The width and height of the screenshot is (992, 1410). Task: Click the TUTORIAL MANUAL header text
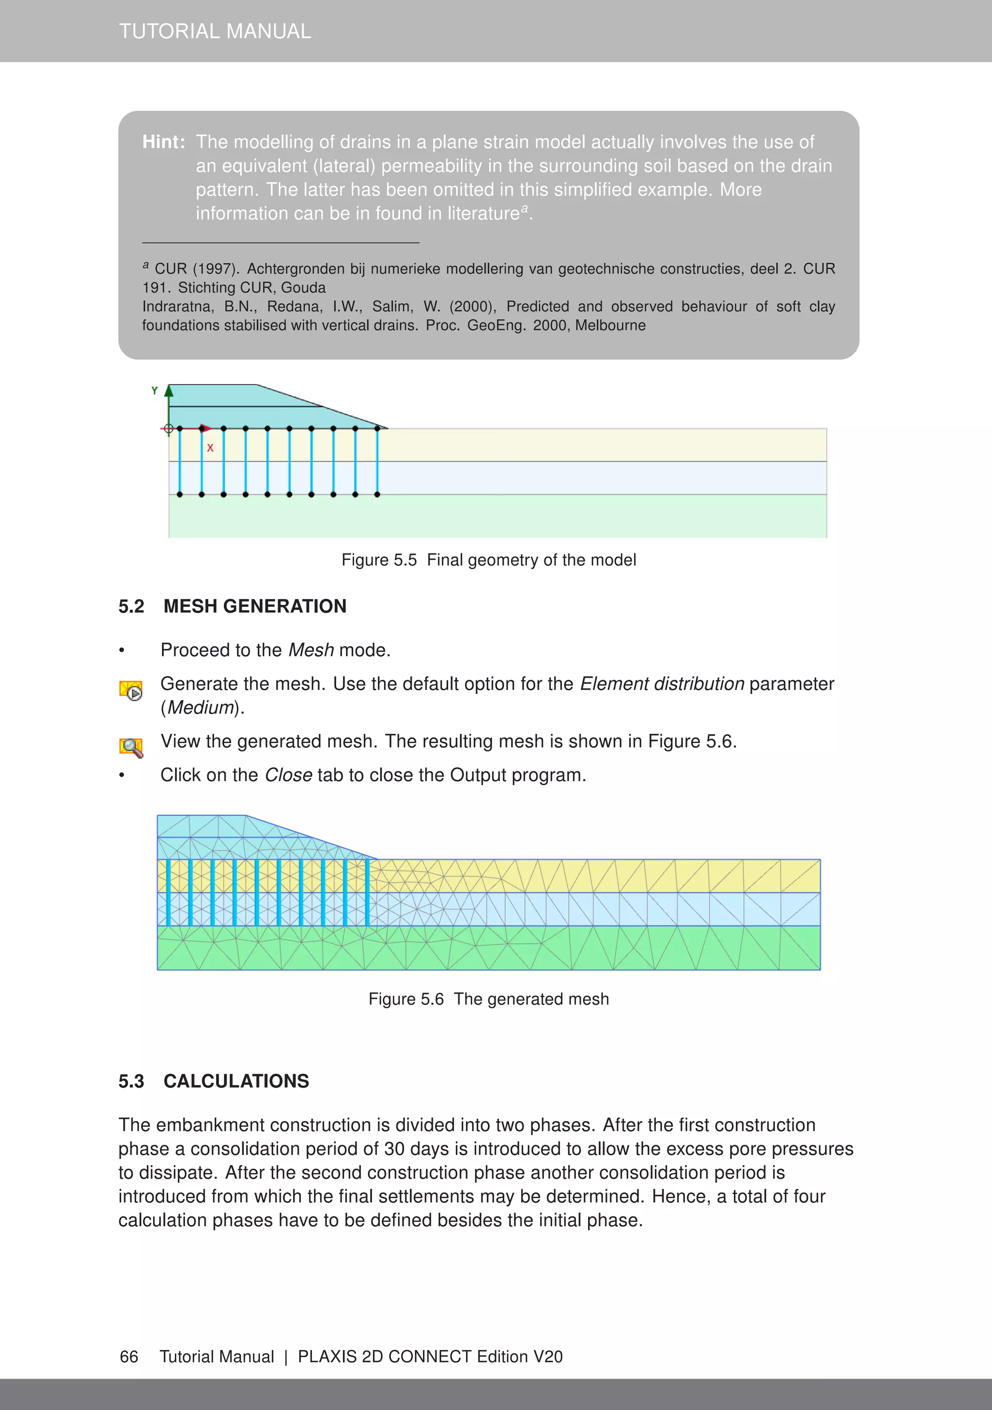pos(215,32)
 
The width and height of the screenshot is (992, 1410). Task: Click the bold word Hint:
pos(163,142)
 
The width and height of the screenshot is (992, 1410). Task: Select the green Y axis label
pos(155,391)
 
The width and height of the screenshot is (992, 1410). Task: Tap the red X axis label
pos(210,448)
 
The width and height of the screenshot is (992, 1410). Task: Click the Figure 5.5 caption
pos(488,560)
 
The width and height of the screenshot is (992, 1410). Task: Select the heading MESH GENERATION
pos(255,606)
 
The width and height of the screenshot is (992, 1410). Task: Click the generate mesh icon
pos(131,690)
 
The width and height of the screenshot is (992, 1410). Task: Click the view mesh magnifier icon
pos(131,747)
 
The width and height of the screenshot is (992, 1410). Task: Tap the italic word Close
pos(289,775)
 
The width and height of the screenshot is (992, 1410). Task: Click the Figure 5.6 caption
pos(488,999)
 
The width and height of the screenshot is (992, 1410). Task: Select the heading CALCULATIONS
pos(236,1081)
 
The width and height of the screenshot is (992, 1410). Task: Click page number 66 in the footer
pos(129,1357)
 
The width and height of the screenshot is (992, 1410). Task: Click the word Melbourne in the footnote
pos(610,326)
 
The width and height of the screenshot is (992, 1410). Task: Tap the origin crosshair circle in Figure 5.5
pos(168,428)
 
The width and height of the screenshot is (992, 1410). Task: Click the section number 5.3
pos(131,1081)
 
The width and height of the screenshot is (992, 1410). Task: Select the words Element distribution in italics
pos(662,684)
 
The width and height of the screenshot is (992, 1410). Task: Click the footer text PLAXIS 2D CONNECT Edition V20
pos(430,1357)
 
